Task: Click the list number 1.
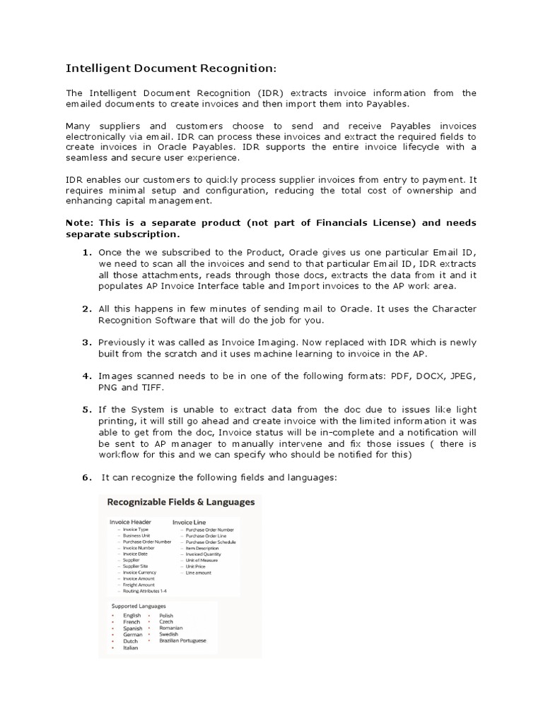point(86,253)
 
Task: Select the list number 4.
point(86,376)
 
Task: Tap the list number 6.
point(86,478)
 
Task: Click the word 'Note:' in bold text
point(81,222)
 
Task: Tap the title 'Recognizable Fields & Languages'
point(180,503)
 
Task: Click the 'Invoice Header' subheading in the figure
point(131,522)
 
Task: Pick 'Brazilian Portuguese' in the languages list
point(183,640)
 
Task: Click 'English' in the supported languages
point(132,616)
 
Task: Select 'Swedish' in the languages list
point(169,634)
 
